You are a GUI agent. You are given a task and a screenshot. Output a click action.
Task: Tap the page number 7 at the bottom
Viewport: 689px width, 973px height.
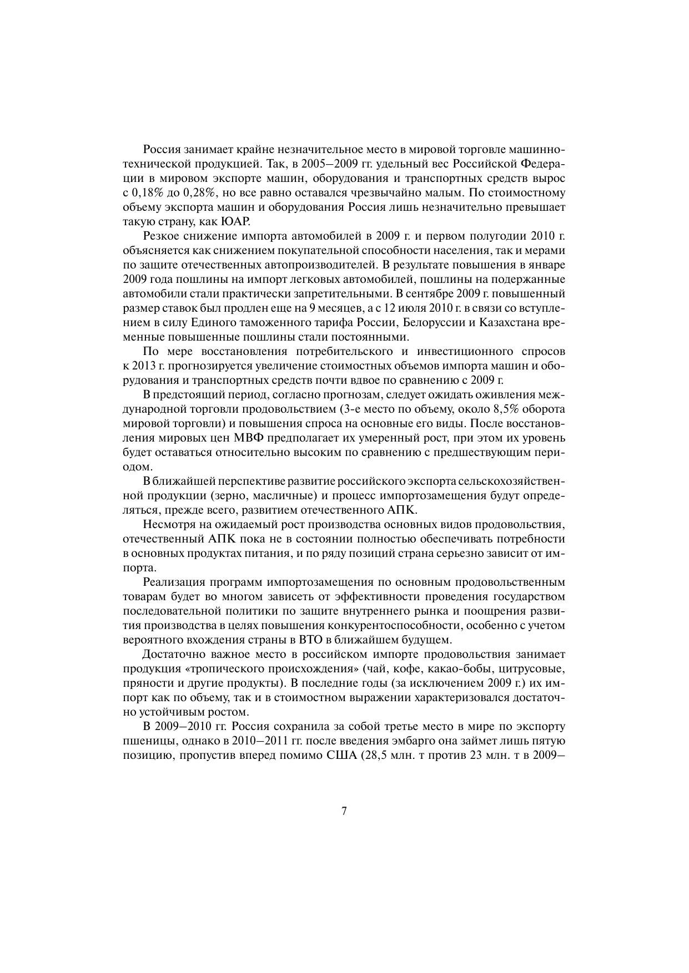344,811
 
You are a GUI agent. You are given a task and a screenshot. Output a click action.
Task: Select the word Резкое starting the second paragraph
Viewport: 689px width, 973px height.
161,236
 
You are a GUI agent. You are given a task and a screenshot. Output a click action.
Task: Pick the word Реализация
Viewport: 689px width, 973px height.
173,582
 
